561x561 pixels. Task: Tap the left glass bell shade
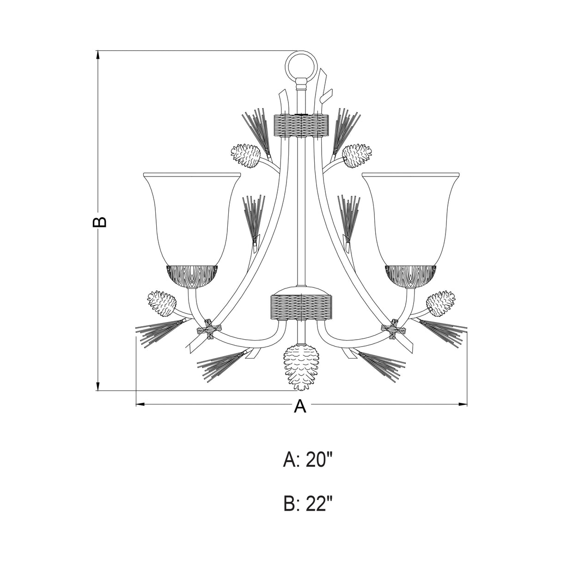pos(192,217)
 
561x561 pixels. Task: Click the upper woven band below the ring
pos(301,125)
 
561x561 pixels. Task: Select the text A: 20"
pos(308,460)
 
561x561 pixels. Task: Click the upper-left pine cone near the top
pos(245,156)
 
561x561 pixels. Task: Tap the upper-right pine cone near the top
pos(357,156)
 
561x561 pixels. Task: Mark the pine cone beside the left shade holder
pos(162,304)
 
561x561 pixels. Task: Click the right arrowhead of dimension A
pos(463,405)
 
